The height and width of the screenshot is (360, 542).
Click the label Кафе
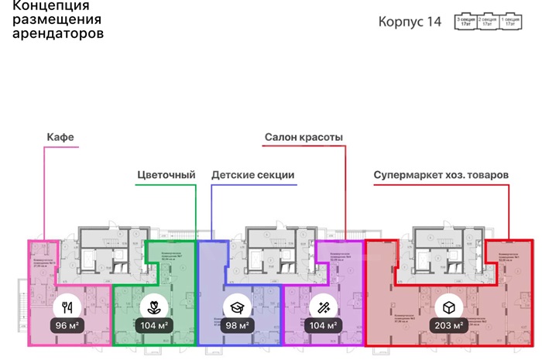click(60, 138)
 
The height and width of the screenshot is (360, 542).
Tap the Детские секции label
click(252, 175)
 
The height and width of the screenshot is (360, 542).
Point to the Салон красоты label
click(304, 138)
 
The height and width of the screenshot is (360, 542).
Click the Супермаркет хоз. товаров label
click(441, 175)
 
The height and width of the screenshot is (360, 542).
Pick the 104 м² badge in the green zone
click(154, 325)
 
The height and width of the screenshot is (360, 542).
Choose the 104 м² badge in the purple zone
click(324, 325)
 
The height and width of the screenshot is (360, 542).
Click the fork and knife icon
click(67, 305)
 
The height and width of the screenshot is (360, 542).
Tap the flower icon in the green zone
click(154, 305)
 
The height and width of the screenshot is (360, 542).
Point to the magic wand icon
click(324, 305)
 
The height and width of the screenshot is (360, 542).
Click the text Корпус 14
click(410, 22)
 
